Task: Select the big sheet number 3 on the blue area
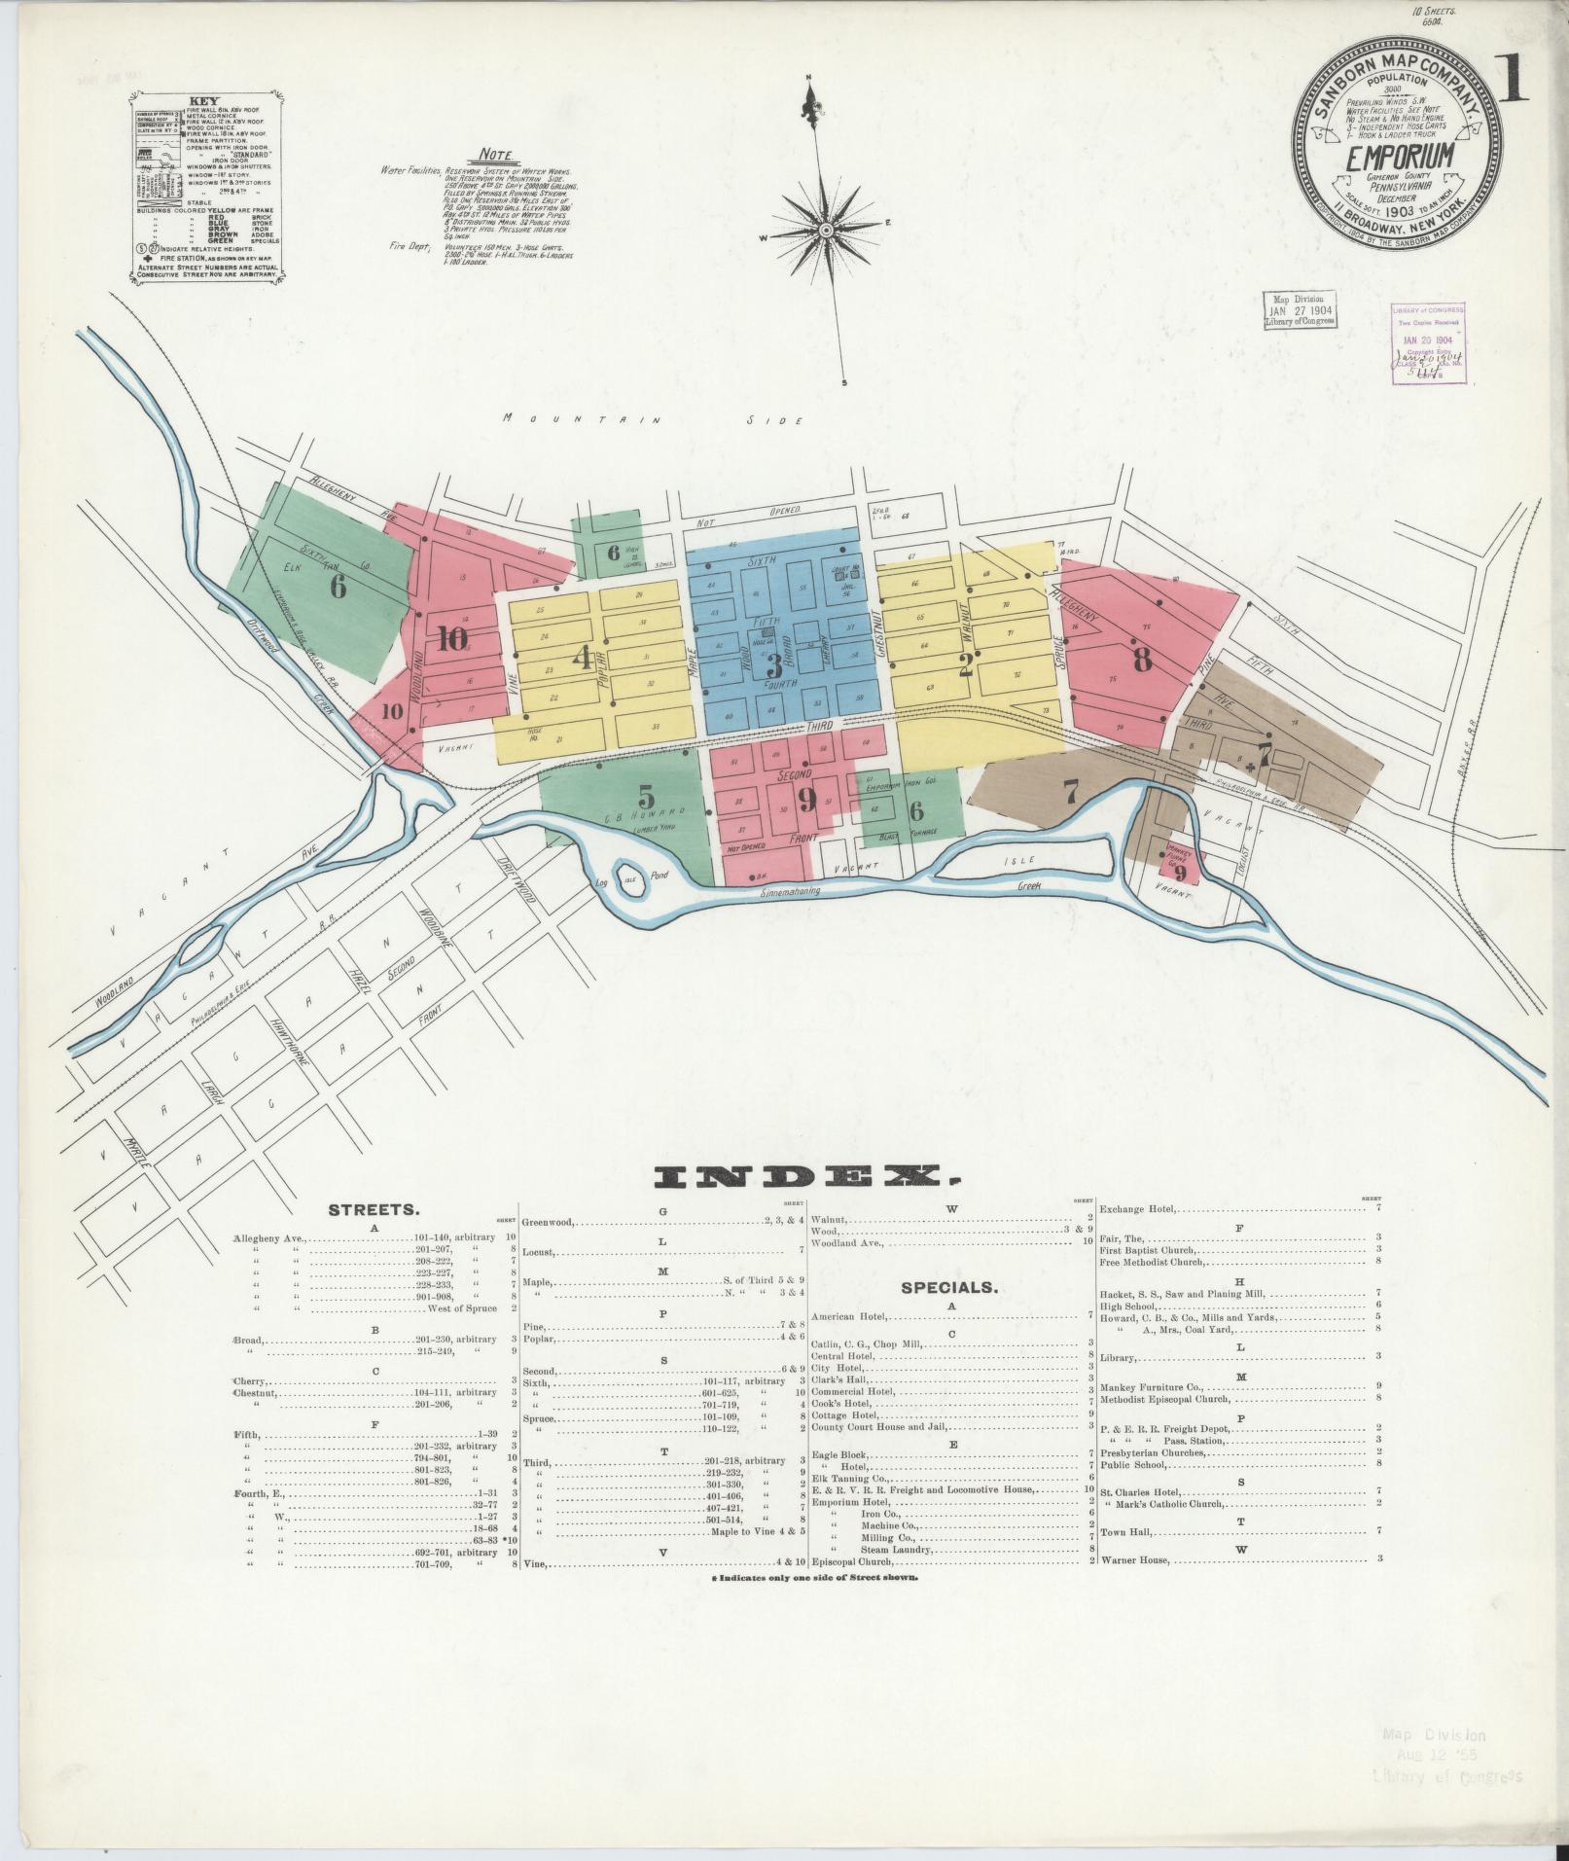pyautogui.click(x=774, y=666)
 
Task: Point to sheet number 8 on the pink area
pyautogui.click(x=1142, y=660)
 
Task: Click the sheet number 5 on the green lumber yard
pyautogui.click(x=645, y=797)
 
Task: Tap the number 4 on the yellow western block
pyautogui.click(x=582, y=660)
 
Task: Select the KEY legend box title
pyautogui.click(x=204, y=100)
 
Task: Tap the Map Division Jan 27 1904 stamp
pyautogui.click(x=1300, y=311)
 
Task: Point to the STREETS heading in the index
pyautogui.click(x=374, y=1211)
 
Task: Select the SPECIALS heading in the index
pyautogui.click(x=949, y=1287)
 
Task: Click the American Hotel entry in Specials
pyautogui.click(x=849, y=1315)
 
